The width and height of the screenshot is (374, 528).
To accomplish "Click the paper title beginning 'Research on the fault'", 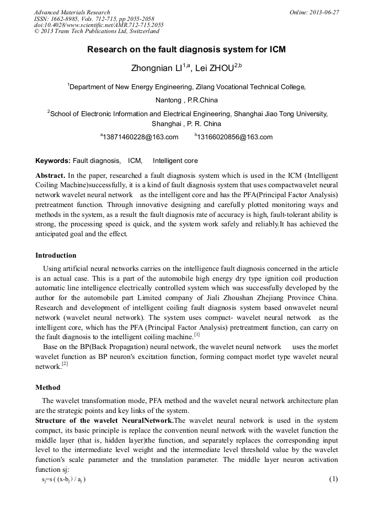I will tap(186, 50).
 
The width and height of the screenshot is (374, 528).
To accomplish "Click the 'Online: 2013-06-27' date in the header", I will tap(314, 12).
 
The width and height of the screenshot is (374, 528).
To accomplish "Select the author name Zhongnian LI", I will tap(160, 68).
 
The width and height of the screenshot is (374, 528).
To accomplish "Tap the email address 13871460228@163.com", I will tap(140, 137).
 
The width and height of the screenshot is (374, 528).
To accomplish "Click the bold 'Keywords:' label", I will tap(53, 161).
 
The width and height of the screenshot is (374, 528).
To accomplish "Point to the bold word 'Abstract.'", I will tap(50, 175).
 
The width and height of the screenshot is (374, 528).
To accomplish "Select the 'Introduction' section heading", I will tap(56, 255).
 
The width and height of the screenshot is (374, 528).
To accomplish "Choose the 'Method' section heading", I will tap(48, 388).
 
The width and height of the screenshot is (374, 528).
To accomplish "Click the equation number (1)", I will tap(333, 479).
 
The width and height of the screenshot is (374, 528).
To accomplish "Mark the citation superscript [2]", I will tap(65, 364).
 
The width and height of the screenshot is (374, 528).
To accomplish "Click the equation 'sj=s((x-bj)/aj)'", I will tap(63, 480).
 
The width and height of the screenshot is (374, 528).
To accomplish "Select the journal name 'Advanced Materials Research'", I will tap(72, 12).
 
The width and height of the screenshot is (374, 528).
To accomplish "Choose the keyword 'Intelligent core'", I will tap(175, 161).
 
